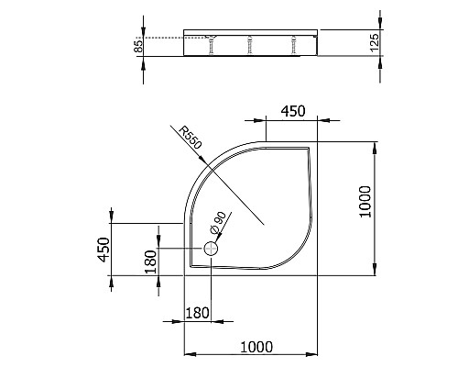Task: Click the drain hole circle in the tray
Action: coord(212,248)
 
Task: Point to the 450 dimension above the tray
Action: coord(292,111)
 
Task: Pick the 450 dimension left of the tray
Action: coord(104,248)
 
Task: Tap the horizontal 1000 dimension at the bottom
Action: coord(256,346)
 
